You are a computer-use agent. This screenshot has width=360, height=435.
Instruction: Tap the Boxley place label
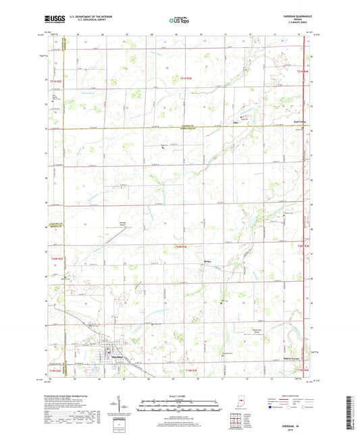pos(209,259)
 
